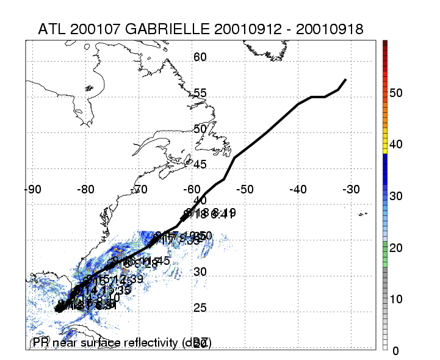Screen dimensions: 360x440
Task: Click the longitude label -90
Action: pos(33,189)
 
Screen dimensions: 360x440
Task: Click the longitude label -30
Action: pos(351,189)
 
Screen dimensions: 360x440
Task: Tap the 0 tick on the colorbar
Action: pos(396,350)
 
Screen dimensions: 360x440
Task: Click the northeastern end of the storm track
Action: pos(346,79)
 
